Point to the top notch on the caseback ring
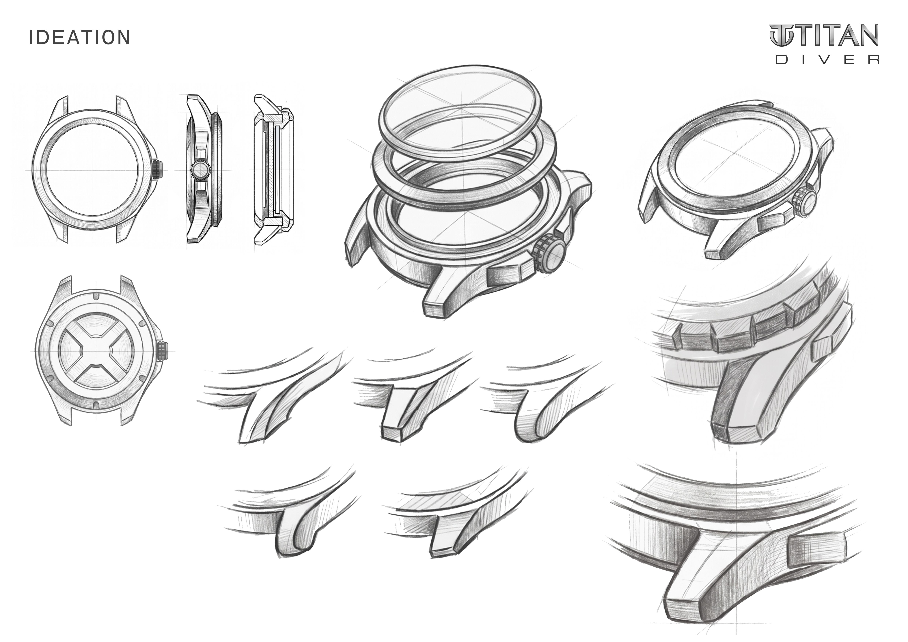coord(96,296)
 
